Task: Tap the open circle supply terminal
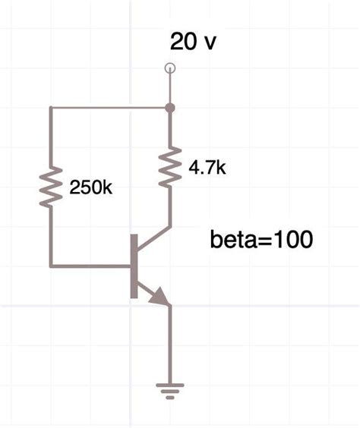click(169, 69)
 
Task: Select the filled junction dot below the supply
click(169, 108)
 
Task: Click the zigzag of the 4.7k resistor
click(169, 168)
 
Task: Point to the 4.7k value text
click(207, 168)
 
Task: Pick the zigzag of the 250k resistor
click(50, 187)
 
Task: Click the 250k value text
click(90, 187)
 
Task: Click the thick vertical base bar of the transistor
click(134, 266)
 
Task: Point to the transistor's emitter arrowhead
click(161, 297)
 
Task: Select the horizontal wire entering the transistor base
click(91, 266)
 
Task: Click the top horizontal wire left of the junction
click(110, 108)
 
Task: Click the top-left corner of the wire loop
click(50, 108)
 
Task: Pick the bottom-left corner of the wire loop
click(50, 266)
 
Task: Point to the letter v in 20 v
click(210, 42)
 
